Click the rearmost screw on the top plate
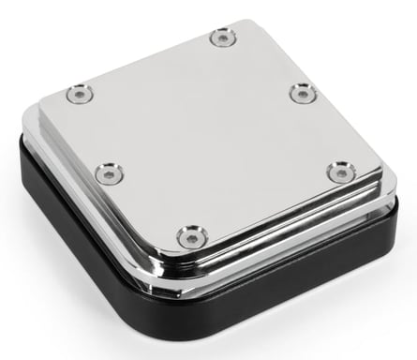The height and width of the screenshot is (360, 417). (222, 37)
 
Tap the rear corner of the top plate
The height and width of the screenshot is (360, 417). (247, 22)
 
